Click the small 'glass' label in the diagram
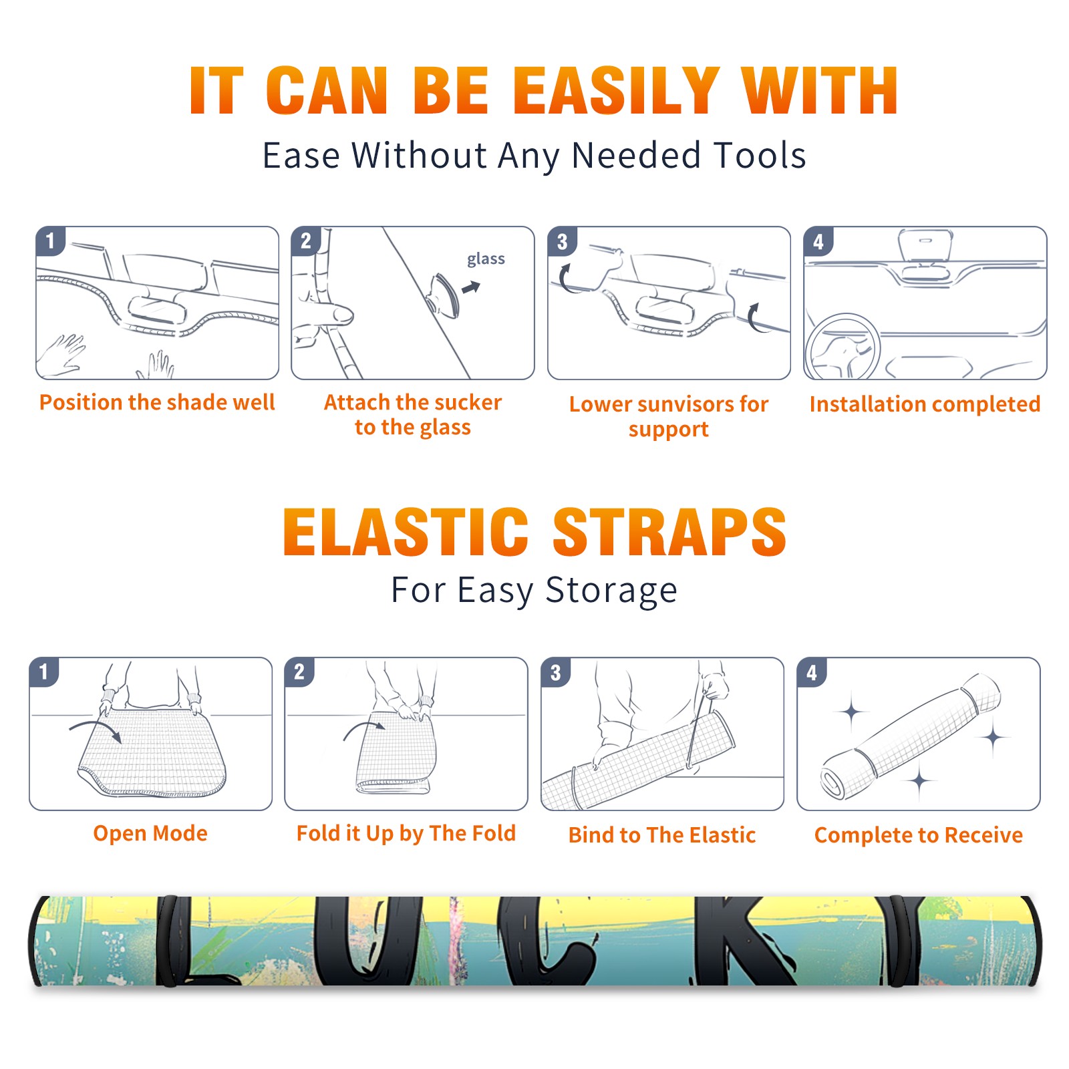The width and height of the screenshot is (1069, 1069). tap(486, 259)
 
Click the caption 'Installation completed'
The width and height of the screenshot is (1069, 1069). tap(925, 404)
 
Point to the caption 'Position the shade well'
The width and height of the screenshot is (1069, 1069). tap(157, 402)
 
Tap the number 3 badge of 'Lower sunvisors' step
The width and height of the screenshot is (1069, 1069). tap(562, 241)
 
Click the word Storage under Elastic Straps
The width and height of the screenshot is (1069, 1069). tap(611, 591)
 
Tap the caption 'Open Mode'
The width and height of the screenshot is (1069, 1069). tap(150, 833)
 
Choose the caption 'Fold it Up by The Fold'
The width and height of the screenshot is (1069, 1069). tap(406, 833)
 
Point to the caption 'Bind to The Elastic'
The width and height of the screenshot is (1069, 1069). tap(662, 835)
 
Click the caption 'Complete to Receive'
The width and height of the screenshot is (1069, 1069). tap(919, 835)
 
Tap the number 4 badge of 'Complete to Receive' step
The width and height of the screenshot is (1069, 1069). tap(812, 672)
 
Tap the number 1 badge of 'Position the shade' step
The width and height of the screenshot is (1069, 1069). tap(50, 241)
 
